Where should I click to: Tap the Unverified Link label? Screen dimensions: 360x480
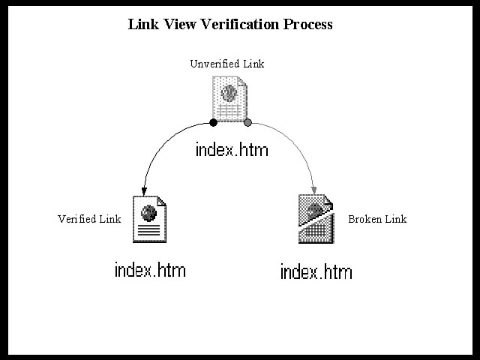pos(226,64)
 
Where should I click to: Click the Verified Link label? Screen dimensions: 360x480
pos(89,219)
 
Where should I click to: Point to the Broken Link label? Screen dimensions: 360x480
pos(377,219)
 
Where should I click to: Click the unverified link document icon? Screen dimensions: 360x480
pos(229,99)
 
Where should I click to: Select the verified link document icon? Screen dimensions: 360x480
pos(148,219)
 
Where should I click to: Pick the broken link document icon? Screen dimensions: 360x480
pos(316,218)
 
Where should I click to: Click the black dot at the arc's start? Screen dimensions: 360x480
pos(214,122)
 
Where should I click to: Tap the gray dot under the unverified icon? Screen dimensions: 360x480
pos(247,122)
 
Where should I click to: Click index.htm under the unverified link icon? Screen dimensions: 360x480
pos(231,149)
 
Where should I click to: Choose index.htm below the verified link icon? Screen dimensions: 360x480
pos(150,270)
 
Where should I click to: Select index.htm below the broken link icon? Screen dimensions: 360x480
pos(316,271)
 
